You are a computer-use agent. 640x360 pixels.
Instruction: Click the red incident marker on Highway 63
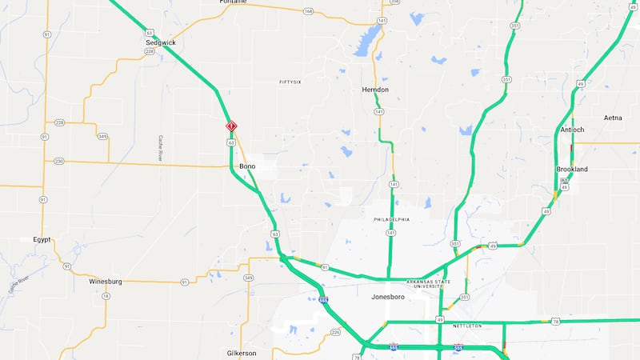tap(231, 126)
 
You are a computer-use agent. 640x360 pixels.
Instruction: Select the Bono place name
tap(247, 166)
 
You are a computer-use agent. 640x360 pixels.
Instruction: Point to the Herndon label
tap(375, 90)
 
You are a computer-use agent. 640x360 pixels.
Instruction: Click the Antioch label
tap(572, 130)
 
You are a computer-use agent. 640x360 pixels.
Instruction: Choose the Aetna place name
tap(613, 118)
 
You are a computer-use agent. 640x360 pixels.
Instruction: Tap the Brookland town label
tap(572, 170)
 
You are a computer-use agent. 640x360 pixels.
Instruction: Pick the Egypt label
tap(42, 239)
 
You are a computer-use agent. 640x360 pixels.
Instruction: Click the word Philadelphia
tap(392, 219)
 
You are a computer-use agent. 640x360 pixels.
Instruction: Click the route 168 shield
tap(309, 11)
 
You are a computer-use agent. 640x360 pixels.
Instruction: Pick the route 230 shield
tap(59, 162)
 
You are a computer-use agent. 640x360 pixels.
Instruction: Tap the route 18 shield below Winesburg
tap(106, 296)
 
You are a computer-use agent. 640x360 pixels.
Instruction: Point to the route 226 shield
tap(335, 331)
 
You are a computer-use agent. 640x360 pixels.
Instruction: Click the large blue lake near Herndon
tap(369, 38)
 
